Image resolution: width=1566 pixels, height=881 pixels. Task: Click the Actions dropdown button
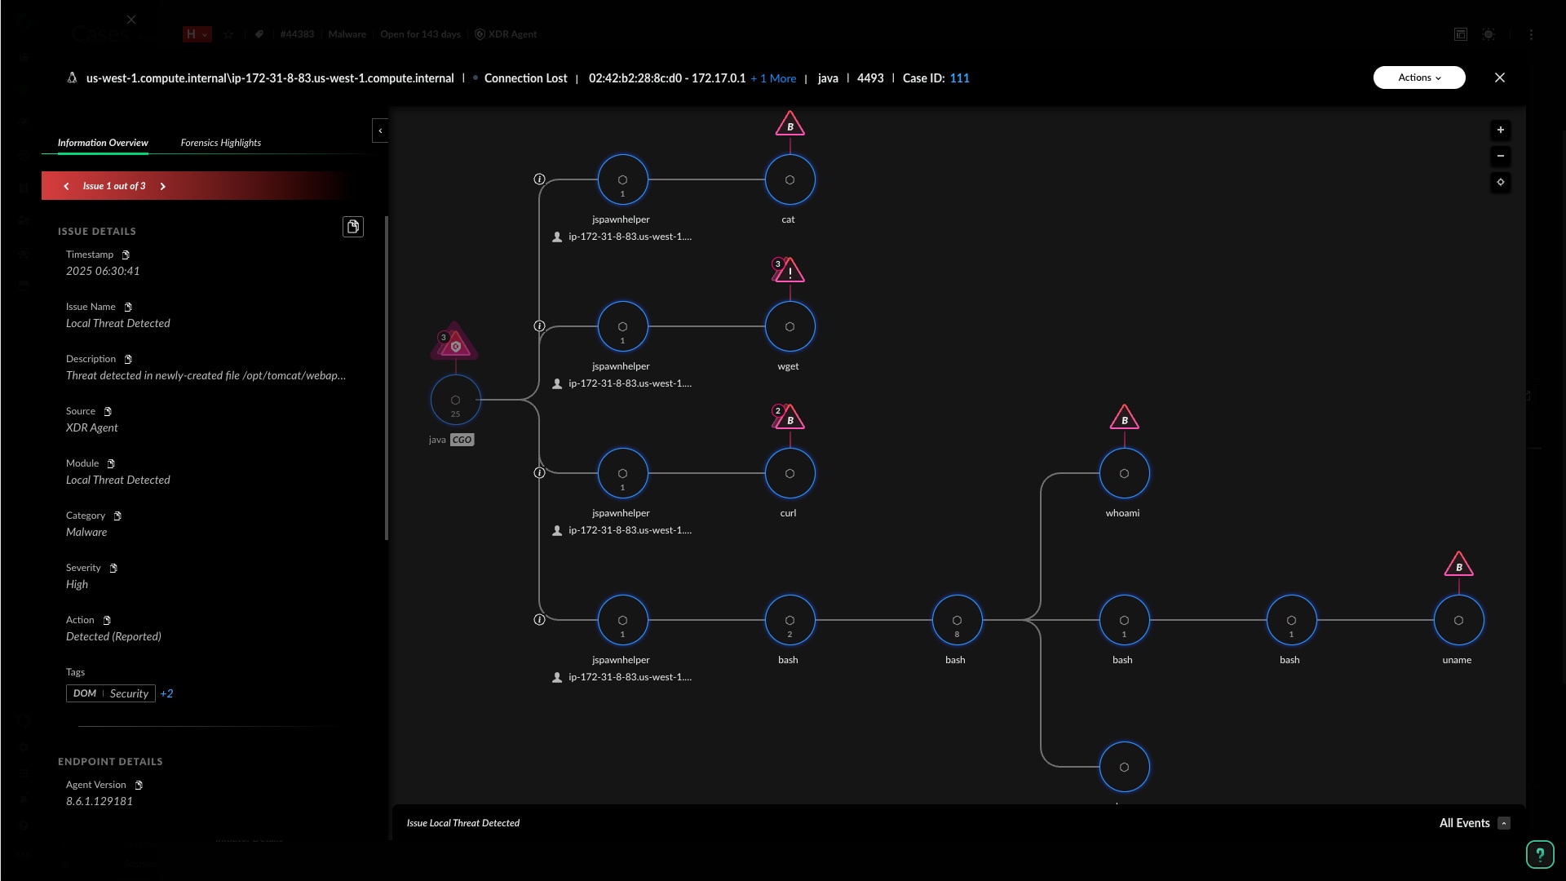coord(1418,77)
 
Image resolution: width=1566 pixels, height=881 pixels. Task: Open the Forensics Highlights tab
coord(220,143)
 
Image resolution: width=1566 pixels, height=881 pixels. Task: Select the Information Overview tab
coord(103,143)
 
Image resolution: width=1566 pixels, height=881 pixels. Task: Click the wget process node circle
coord(790,326)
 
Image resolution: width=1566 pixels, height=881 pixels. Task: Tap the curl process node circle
coord(790,473)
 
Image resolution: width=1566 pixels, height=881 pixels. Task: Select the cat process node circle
coord(790,179)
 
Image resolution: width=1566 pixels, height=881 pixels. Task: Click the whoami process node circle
coord(1124,473)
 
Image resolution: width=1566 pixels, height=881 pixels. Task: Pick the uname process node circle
coord(1458,620)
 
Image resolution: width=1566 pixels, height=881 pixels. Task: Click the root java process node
coord(455,400)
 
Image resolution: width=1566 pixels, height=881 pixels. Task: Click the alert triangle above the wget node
coord(790,271)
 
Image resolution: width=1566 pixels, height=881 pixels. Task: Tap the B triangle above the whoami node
coord(1124,418)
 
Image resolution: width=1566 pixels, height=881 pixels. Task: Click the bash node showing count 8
coord(957,620)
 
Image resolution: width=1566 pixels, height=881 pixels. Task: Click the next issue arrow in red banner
coord(163,186)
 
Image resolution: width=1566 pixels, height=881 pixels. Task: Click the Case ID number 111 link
coord(959,78)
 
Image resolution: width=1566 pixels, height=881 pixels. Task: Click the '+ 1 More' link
coord(773,78)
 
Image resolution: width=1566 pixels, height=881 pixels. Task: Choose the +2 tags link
coord(166,693)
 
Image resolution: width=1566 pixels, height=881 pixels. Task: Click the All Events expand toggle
coord(1504,823)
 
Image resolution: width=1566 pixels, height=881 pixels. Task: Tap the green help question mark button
coord(1539,854)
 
